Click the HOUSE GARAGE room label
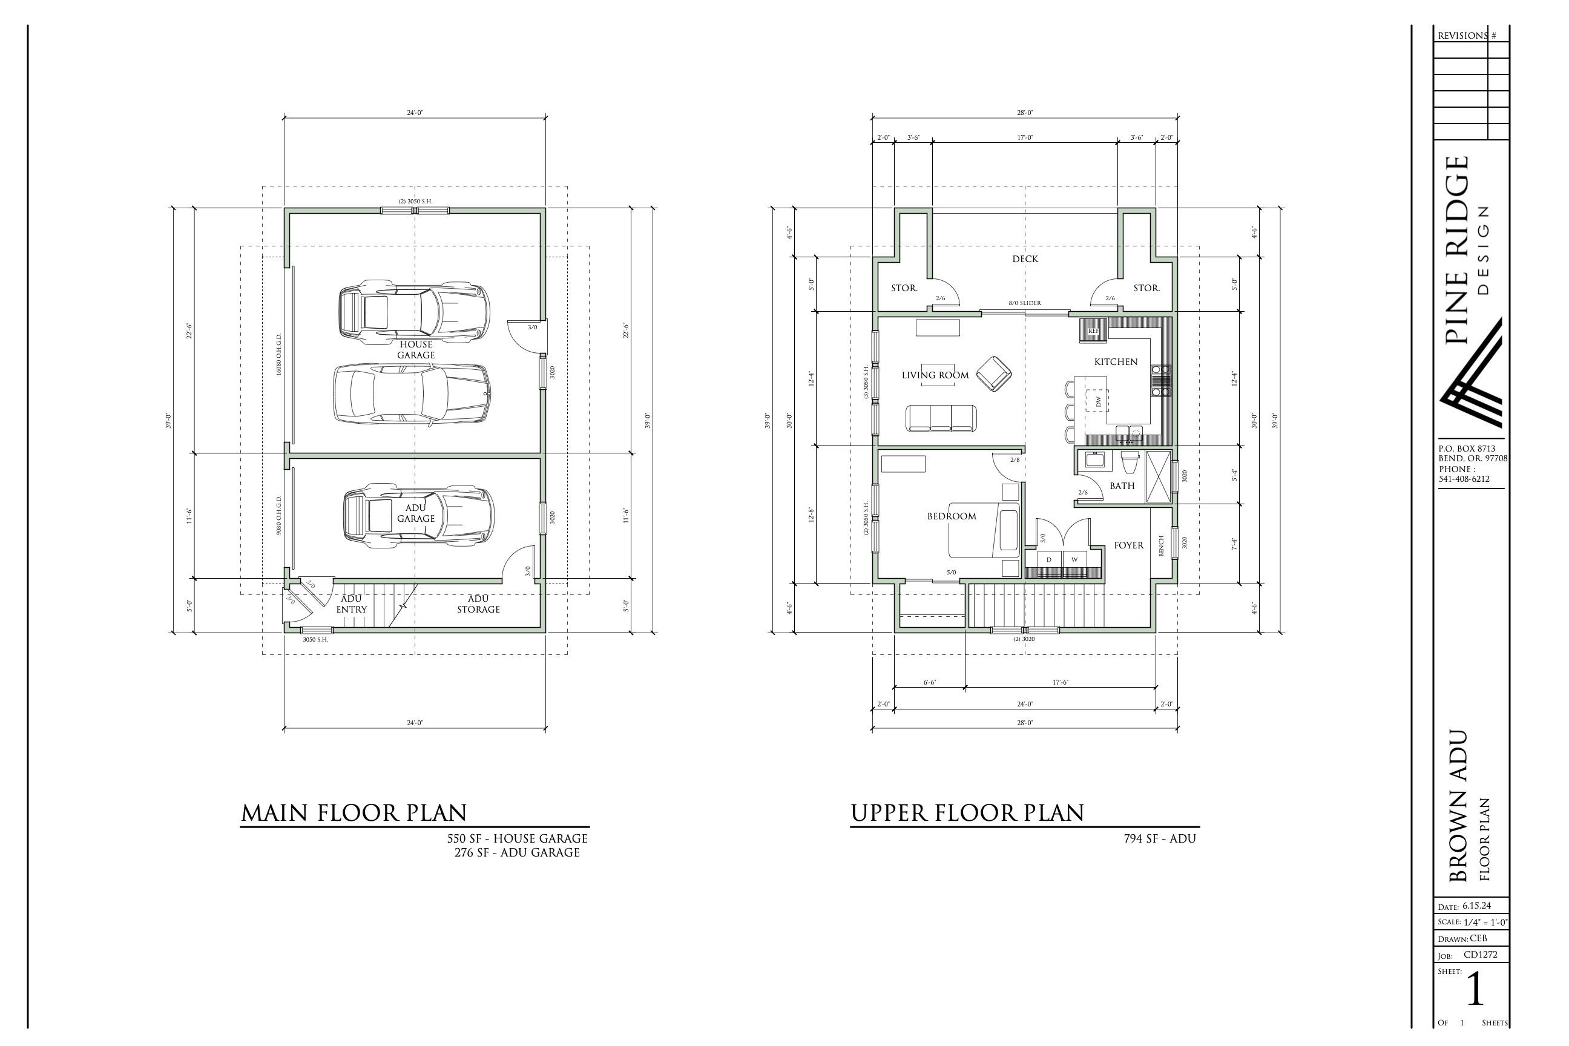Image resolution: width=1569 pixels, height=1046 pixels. (416, 349)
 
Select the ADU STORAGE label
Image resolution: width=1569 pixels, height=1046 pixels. (478, 604)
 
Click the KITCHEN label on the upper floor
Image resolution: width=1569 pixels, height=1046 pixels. (1116, 361)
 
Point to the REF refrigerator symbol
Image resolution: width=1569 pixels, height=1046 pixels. (1093, 331)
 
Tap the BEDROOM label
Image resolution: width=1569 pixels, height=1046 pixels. (952, 516)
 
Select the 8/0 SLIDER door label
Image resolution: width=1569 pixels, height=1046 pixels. (1025, 303)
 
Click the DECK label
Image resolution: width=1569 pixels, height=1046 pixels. (1025, 259)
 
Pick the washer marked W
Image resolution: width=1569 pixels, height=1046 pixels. (1074, 560)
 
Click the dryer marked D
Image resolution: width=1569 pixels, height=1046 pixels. (1048, 560)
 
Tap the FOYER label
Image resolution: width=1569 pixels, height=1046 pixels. (1129, 545)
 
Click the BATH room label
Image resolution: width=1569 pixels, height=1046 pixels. (1122, 485)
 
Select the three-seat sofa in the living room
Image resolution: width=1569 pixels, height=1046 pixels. (941, 418)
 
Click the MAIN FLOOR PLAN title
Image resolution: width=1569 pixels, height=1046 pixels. (354, 812)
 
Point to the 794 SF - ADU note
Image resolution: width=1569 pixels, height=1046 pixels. (1159, 838)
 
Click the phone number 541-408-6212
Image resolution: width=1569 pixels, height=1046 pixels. (1464, 479)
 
